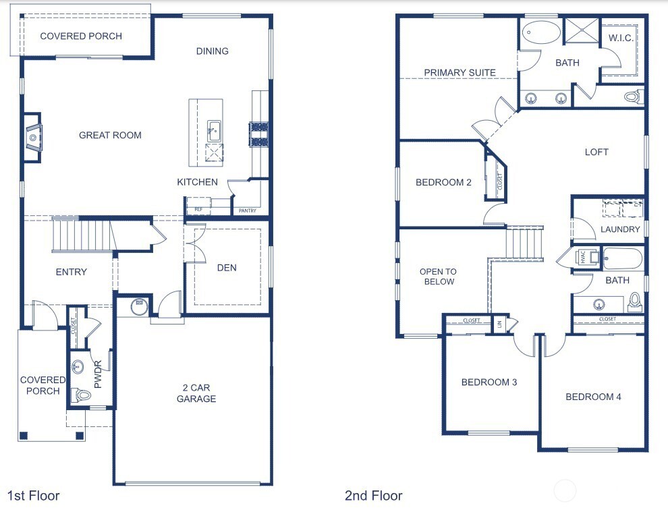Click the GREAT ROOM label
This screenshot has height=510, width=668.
(110, 135)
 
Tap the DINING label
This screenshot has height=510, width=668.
(212, 51)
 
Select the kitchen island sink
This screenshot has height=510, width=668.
(213, 130)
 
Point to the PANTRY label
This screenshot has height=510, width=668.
(247, 211)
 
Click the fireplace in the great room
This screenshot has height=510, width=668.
(32, 138)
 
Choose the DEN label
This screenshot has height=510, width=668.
(227, 268)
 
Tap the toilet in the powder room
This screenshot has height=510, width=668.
(82, 395)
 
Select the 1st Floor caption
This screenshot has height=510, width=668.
(34, 496)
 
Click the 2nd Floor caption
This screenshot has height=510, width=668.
(373, 496)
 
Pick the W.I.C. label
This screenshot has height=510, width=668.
(621, 38)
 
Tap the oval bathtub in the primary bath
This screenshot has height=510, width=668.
(542, 32)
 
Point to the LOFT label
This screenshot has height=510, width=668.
(596, 152)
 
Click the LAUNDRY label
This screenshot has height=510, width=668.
(620, 229)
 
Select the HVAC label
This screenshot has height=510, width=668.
(580, 257)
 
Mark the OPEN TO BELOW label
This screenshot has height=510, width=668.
(439, 277)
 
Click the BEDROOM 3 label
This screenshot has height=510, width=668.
(489, 382)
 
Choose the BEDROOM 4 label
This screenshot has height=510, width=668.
(593, 397)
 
